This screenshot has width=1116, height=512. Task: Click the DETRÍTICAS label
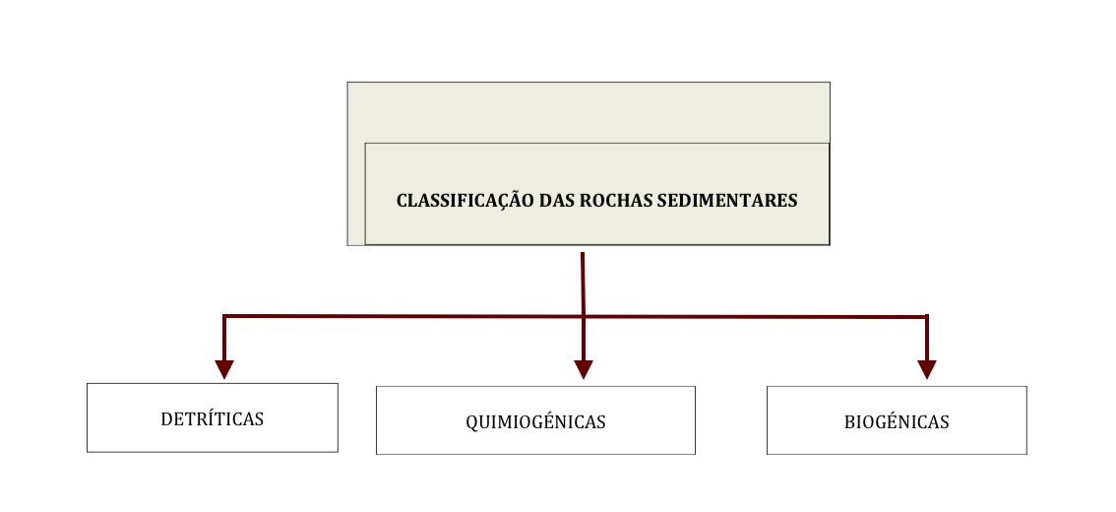[x=213, y=418]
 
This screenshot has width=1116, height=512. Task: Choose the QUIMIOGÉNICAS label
[x=535, y=422]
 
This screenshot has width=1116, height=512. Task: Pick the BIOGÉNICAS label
[x=897, y=422]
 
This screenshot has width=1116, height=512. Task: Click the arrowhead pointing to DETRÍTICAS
[x=224, y=369]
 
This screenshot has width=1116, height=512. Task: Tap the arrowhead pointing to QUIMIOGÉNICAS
[x=584, y=369]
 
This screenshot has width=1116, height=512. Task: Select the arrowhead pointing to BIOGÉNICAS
[x=927, y=369]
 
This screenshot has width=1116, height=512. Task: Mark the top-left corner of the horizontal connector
[x=224, y=315]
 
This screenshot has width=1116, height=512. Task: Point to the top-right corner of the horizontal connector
[x=927, y=316]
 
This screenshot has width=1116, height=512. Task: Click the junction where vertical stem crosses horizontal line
[x=583, y=316]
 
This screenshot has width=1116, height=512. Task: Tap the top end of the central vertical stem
[x=583, y=253]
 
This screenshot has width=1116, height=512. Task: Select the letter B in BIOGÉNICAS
[x=849, y=422]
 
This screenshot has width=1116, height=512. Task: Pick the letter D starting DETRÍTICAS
[x=166, y=419]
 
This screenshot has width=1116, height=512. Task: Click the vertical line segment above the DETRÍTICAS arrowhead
[x=224, y=339]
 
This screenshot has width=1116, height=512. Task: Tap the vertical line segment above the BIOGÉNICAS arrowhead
[x=927, y=339]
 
